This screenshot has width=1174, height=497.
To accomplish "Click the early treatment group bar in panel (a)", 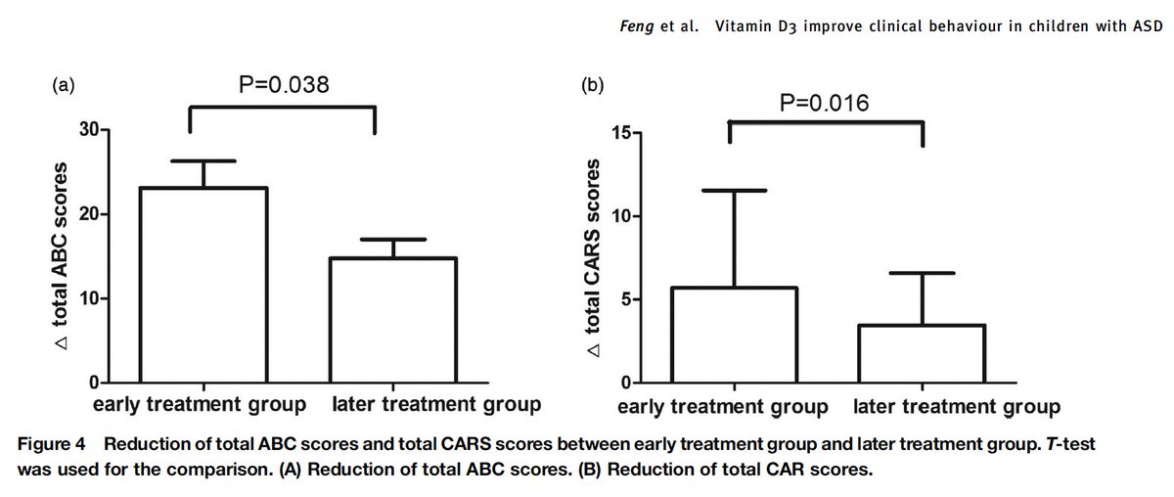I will pos(203,285).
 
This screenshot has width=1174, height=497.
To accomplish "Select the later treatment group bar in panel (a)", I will pos(392,320).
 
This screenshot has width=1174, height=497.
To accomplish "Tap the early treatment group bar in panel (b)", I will pos(733,336).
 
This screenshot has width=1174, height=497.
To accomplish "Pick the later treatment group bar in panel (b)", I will pos(923,354).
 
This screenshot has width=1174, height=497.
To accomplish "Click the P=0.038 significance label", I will pos(284,86).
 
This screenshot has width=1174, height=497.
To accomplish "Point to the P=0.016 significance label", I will pos(825,103).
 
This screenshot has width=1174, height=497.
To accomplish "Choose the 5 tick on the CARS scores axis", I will pos(624,299).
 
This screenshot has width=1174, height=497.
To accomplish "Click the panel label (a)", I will pos(64,85).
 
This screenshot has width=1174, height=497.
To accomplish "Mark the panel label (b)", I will pos(593,85).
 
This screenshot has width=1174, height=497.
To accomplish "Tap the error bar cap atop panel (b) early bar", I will pos(733,190).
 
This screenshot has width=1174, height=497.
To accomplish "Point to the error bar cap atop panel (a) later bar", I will pos(392,239).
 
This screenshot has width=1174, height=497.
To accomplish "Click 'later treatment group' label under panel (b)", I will pos(957,406).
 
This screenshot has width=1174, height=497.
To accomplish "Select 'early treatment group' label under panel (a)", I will pos(201,403).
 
